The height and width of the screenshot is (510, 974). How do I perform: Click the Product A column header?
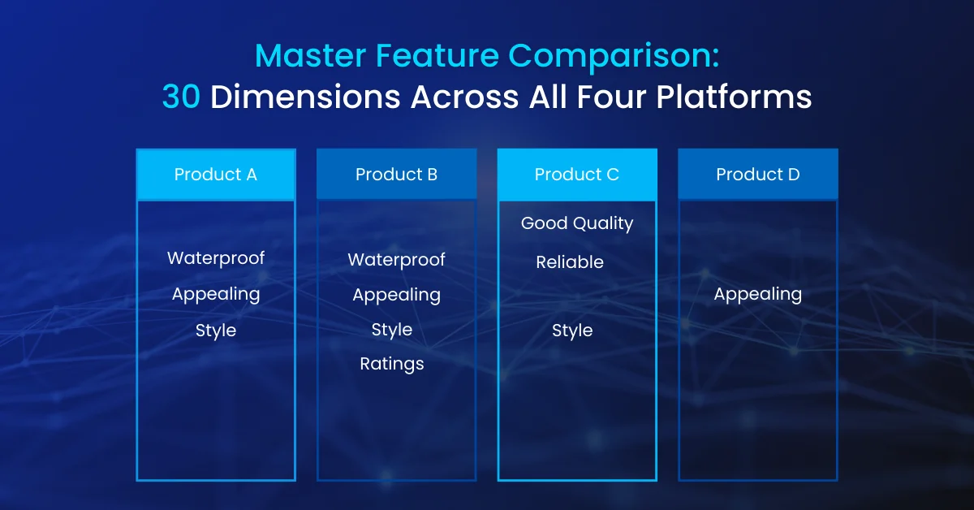click(216, 175)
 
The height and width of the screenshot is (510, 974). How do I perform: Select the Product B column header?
click(397, 175)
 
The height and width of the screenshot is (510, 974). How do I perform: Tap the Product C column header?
click(577, 175)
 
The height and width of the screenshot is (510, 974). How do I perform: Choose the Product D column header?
click(758, 175)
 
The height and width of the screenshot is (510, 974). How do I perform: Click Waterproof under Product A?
click(216, 258)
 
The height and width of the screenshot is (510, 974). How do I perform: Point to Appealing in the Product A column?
click(216, 295)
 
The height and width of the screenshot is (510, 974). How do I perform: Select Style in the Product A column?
click(216, 331)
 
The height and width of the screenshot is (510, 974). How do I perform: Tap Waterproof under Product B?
click(397, 260)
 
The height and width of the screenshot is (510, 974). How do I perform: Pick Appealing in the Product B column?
click(397, 296)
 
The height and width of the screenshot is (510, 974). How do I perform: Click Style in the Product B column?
click(392, 330)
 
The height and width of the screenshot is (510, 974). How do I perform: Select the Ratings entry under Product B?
click(392, 364)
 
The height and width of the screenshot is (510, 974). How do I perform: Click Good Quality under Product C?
click(577, 223)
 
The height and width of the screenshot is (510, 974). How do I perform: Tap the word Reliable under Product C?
click(570, 262)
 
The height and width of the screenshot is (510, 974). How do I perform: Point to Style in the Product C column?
click(572, 331)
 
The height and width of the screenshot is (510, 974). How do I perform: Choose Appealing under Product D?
click(758, 295)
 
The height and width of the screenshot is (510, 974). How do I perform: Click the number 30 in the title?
click(181, 97)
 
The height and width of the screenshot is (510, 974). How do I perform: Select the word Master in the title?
click(310, 56)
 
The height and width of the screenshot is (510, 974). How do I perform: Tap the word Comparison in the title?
click(614, 57)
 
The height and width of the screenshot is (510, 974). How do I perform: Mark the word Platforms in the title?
click(734, 97)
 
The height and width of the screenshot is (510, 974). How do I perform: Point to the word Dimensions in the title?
click(305, 97)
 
